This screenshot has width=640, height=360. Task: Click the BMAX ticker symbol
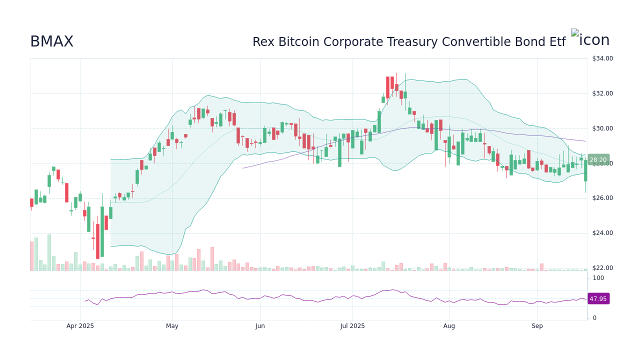(x=51, y=42)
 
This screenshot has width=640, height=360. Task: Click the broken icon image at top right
(x=575, y=33)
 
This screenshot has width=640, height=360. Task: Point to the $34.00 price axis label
(x=602, y=58)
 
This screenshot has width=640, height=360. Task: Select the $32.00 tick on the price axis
(x=602, y=93)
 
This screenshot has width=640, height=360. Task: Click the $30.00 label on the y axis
(x=602, y=128)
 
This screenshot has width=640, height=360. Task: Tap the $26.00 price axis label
(x=602, y=198)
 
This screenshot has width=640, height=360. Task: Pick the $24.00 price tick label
(x=602, y=233)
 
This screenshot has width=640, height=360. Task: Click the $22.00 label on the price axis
(x=602, y=268)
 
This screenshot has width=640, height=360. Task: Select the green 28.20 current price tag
(x=598, y=160)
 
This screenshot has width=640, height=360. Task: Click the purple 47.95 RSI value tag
(x=598, y=299)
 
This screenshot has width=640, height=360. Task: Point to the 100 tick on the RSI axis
(x=598, y=278)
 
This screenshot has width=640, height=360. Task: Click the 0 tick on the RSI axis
(x=594, y=318)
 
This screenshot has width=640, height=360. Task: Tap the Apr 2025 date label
(x=80, y=326)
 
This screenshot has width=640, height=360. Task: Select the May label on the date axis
(x=172, y=326)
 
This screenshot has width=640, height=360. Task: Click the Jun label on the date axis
(x=260, y=326)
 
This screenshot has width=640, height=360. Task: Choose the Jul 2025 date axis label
(x=352, y=326)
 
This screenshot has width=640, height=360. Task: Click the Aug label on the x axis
(x=449, y=326)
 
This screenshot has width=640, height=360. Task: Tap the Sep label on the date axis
(x=537, y=326)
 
